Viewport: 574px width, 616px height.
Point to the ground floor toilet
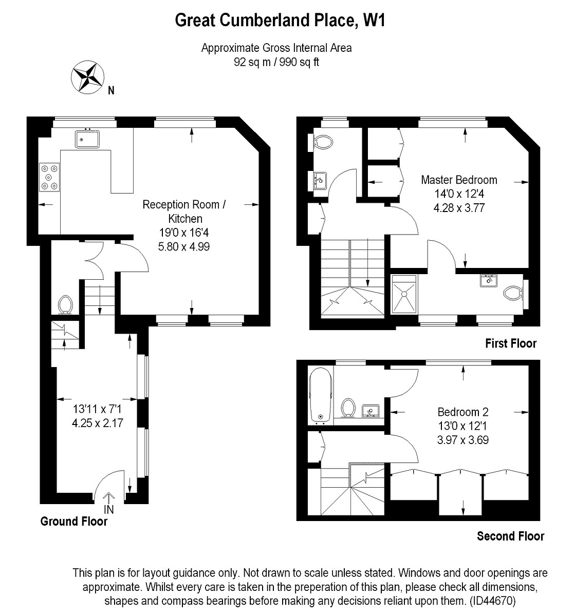[65, 304]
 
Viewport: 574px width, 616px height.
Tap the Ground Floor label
[74, 522]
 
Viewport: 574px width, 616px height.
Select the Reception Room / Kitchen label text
[184, 211]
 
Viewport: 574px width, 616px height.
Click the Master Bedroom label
[459, 180]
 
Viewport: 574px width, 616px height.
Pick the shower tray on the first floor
[404, 294]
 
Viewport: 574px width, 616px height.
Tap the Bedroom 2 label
[462, 412]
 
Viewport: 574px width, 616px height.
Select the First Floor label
[510, 343]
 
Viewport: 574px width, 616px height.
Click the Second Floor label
[510, 536]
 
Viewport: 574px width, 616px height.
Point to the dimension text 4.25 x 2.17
[98, 423]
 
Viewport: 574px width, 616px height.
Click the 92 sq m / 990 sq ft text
[276, 63]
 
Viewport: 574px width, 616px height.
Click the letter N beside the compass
[111, 91]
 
